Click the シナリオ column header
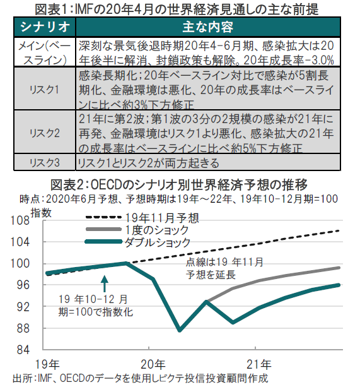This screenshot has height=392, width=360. (45, 27)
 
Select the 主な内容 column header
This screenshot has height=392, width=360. (207, 27)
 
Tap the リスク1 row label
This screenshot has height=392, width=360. (44, 90)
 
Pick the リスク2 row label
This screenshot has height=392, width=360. (45, 133)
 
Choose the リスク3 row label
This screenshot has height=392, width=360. (45, 163)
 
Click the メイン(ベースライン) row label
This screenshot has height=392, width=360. (45, 52)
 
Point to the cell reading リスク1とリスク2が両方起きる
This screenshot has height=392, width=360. (148, 163)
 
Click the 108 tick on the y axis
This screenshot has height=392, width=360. (20, 220)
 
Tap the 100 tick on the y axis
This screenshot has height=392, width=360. (20, 263)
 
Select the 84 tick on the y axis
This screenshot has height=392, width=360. (23, 350)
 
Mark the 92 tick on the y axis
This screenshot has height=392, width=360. (23, 307)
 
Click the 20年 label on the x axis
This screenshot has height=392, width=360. (153, 364)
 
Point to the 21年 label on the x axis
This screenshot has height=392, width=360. (259, 364)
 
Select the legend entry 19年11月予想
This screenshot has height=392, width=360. (142, 218)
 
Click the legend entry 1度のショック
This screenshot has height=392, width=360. (137, 230)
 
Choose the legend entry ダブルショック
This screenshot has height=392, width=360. (138, 242)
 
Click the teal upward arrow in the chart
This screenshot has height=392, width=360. (105, 283)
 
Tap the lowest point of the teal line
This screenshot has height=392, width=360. (180, 331)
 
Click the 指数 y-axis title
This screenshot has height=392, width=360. (41, 213)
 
